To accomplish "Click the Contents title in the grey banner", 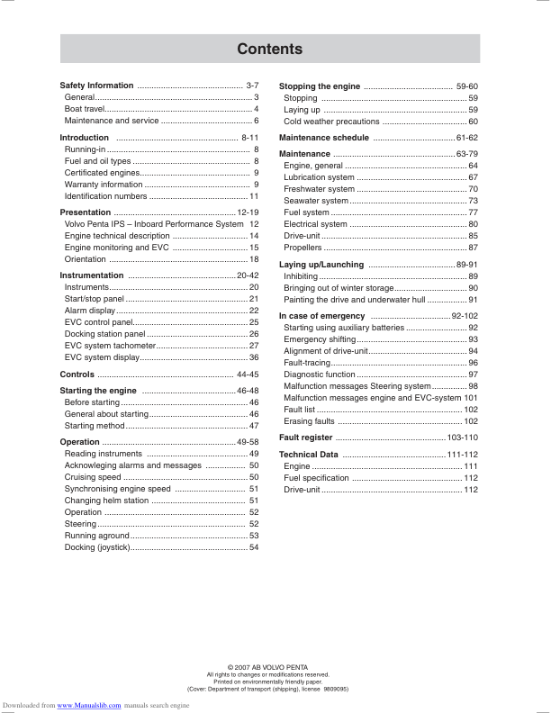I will [269, 49].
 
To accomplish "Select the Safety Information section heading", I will [96, 86].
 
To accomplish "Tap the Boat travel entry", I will [86, 108].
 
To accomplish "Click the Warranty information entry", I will [104, 185].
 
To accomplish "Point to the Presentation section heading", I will [86, 212].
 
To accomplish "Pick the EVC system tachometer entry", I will [104, 345].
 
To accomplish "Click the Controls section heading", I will [77, 374].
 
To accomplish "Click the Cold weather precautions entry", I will [331, 122].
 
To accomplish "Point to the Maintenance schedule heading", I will [324, 138].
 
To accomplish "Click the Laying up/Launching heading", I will [321, 265].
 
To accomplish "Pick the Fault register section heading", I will [306, 438].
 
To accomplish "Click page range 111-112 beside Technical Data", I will [463, 455].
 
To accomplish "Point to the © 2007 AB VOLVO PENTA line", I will [267, 666].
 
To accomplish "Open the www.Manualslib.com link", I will [89, 706].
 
